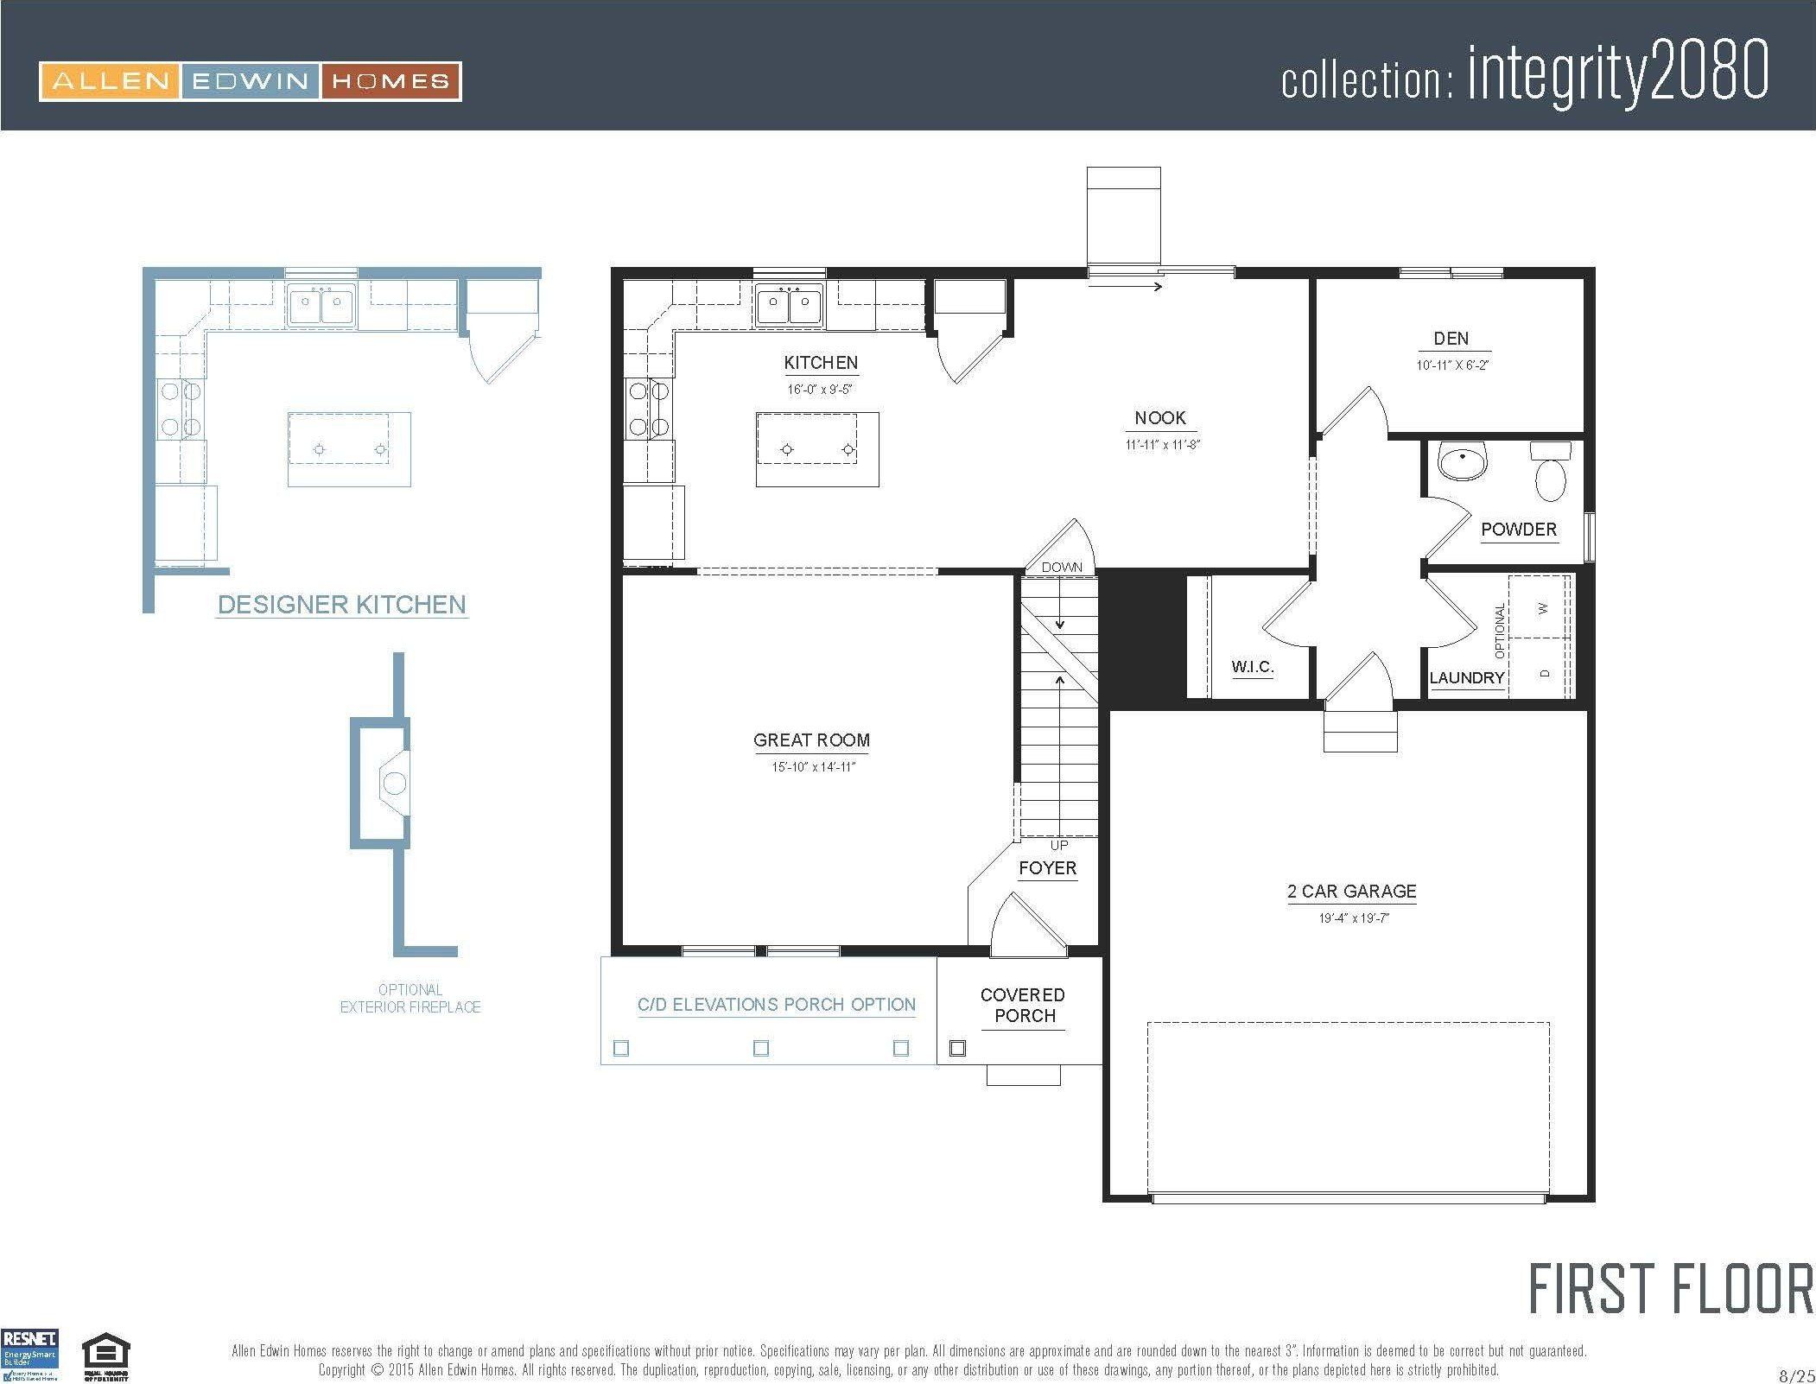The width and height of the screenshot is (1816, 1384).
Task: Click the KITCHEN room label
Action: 820,363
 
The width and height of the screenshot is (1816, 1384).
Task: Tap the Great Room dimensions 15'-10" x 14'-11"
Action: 813,767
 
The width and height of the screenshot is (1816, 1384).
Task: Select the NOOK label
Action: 1160,418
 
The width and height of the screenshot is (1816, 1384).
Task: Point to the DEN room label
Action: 1451,339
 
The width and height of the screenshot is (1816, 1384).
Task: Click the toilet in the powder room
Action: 1551,473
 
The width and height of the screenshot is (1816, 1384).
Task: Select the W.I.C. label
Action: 1252,667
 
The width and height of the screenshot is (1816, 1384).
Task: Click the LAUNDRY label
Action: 1466,678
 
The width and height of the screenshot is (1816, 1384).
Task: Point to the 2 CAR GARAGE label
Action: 1351,892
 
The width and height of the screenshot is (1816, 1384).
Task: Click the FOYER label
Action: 1047,868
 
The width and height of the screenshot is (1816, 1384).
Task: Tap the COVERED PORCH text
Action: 1024,1006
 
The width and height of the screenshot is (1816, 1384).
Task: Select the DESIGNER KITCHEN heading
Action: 341,605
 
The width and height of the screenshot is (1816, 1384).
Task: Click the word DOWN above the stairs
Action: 1062,568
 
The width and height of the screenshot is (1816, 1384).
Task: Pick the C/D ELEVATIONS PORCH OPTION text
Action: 776,1005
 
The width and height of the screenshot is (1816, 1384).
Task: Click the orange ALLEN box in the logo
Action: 110,82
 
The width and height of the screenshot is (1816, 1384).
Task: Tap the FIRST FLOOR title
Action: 1670,1290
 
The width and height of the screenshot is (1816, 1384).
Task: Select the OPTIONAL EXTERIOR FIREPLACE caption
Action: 410,998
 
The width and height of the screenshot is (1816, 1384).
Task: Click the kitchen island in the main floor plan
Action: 816,449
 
